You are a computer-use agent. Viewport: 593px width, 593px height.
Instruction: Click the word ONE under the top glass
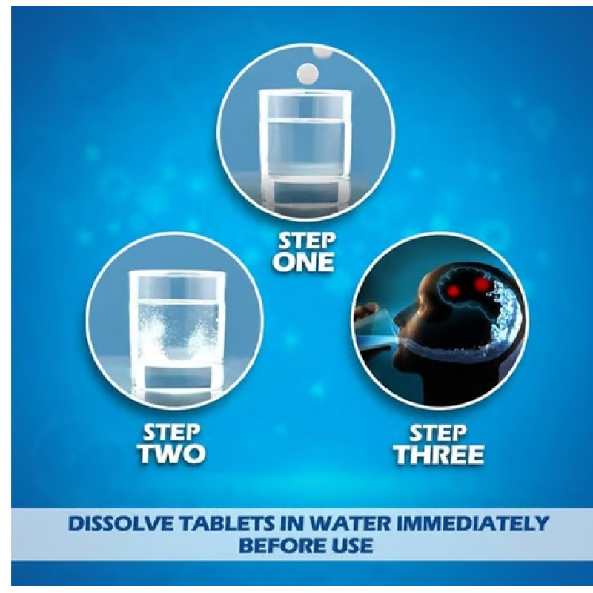click(x=304, y=262)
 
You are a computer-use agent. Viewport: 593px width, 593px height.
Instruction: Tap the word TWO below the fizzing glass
click(x=172, y=454)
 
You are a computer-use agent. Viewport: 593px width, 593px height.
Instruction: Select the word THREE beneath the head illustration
click(x=439, y=454)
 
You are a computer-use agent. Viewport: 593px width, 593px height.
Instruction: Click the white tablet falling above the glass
click(x=308, y=73)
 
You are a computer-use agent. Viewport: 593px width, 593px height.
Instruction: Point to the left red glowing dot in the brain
click(x=454, y=291)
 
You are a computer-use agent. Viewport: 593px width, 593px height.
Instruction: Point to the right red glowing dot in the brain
click(x=481, y=284)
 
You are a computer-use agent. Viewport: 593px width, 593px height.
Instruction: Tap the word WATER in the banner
click(x=349, y=523)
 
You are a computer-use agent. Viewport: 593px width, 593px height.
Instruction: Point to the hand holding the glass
click(x=365, y=314)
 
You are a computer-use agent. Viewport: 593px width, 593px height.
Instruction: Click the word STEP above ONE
click(x=307, y=240)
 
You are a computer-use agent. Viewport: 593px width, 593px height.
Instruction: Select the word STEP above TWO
click(x=172, y=433)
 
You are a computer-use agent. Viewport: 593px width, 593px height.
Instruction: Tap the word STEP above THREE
click(x=438, y=434)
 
